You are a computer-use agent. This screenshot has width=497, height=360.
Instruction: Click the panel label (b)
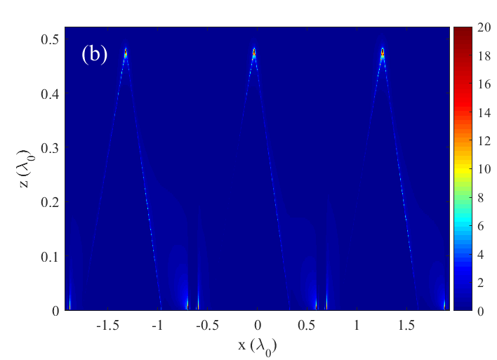[94, 55]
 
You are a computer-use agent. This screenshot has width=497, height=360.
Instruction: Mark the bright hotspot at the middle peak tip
[254, 51]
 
